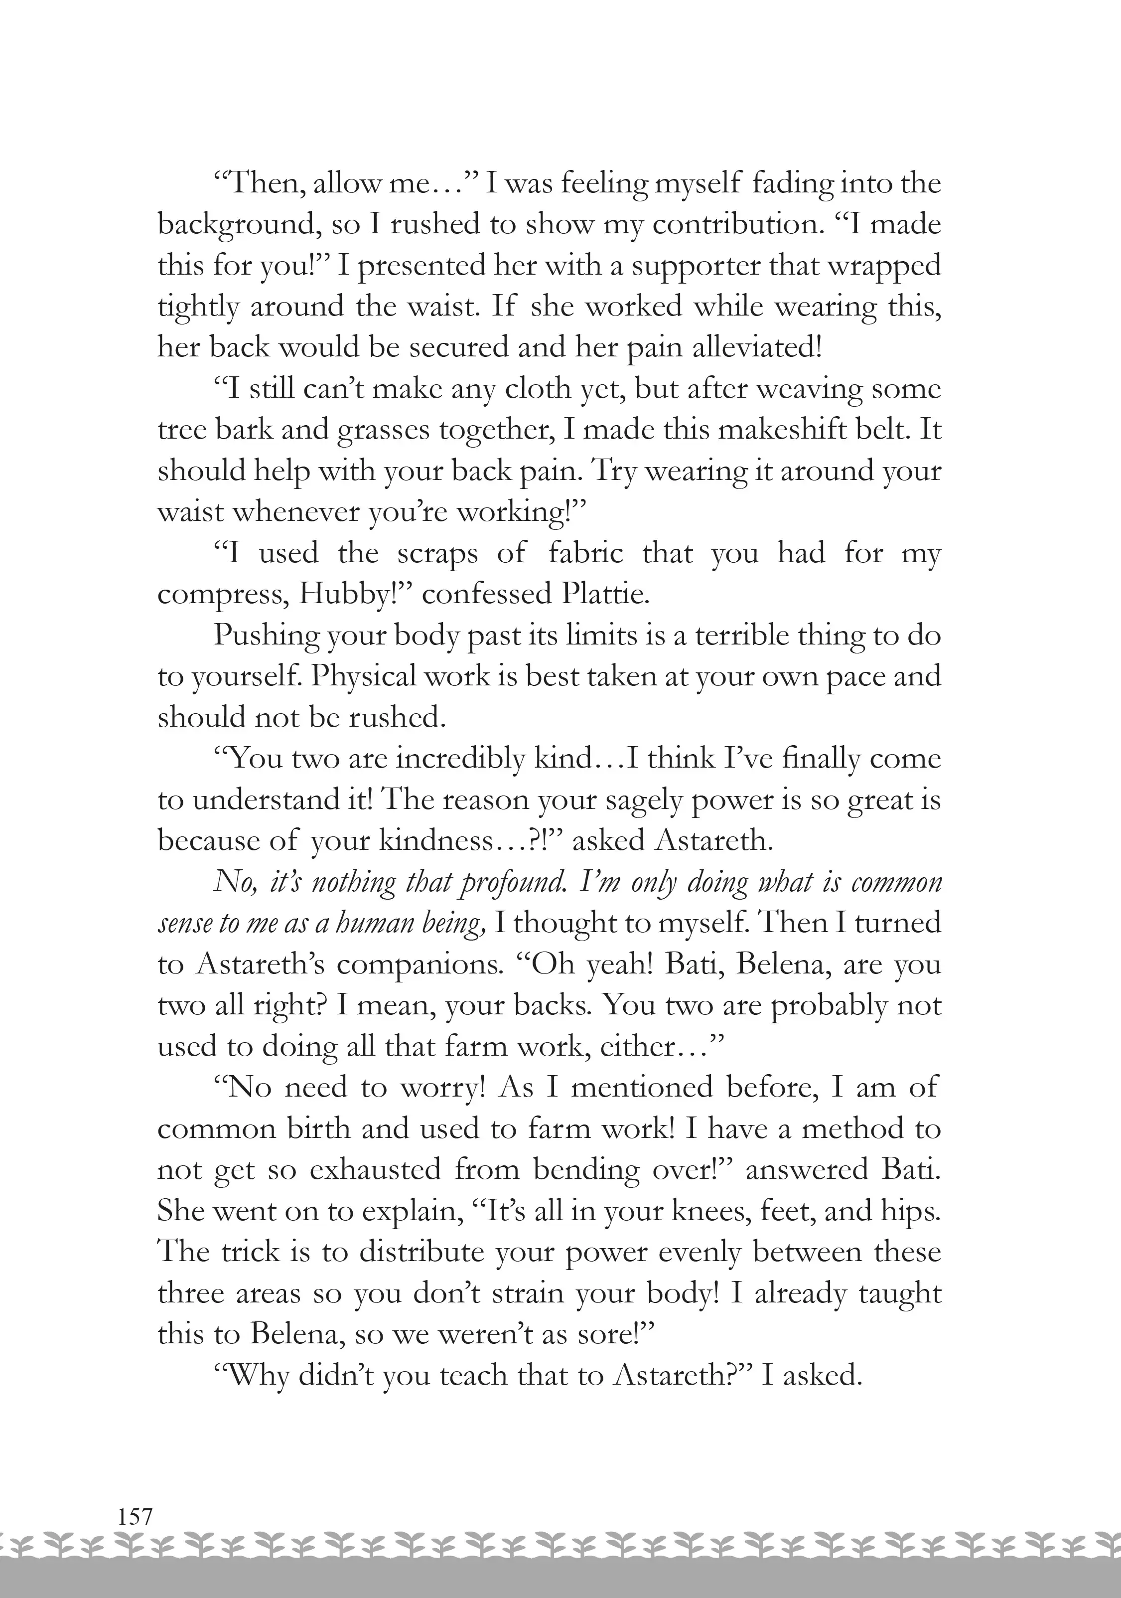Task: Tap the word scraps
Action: click(437, 554)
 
